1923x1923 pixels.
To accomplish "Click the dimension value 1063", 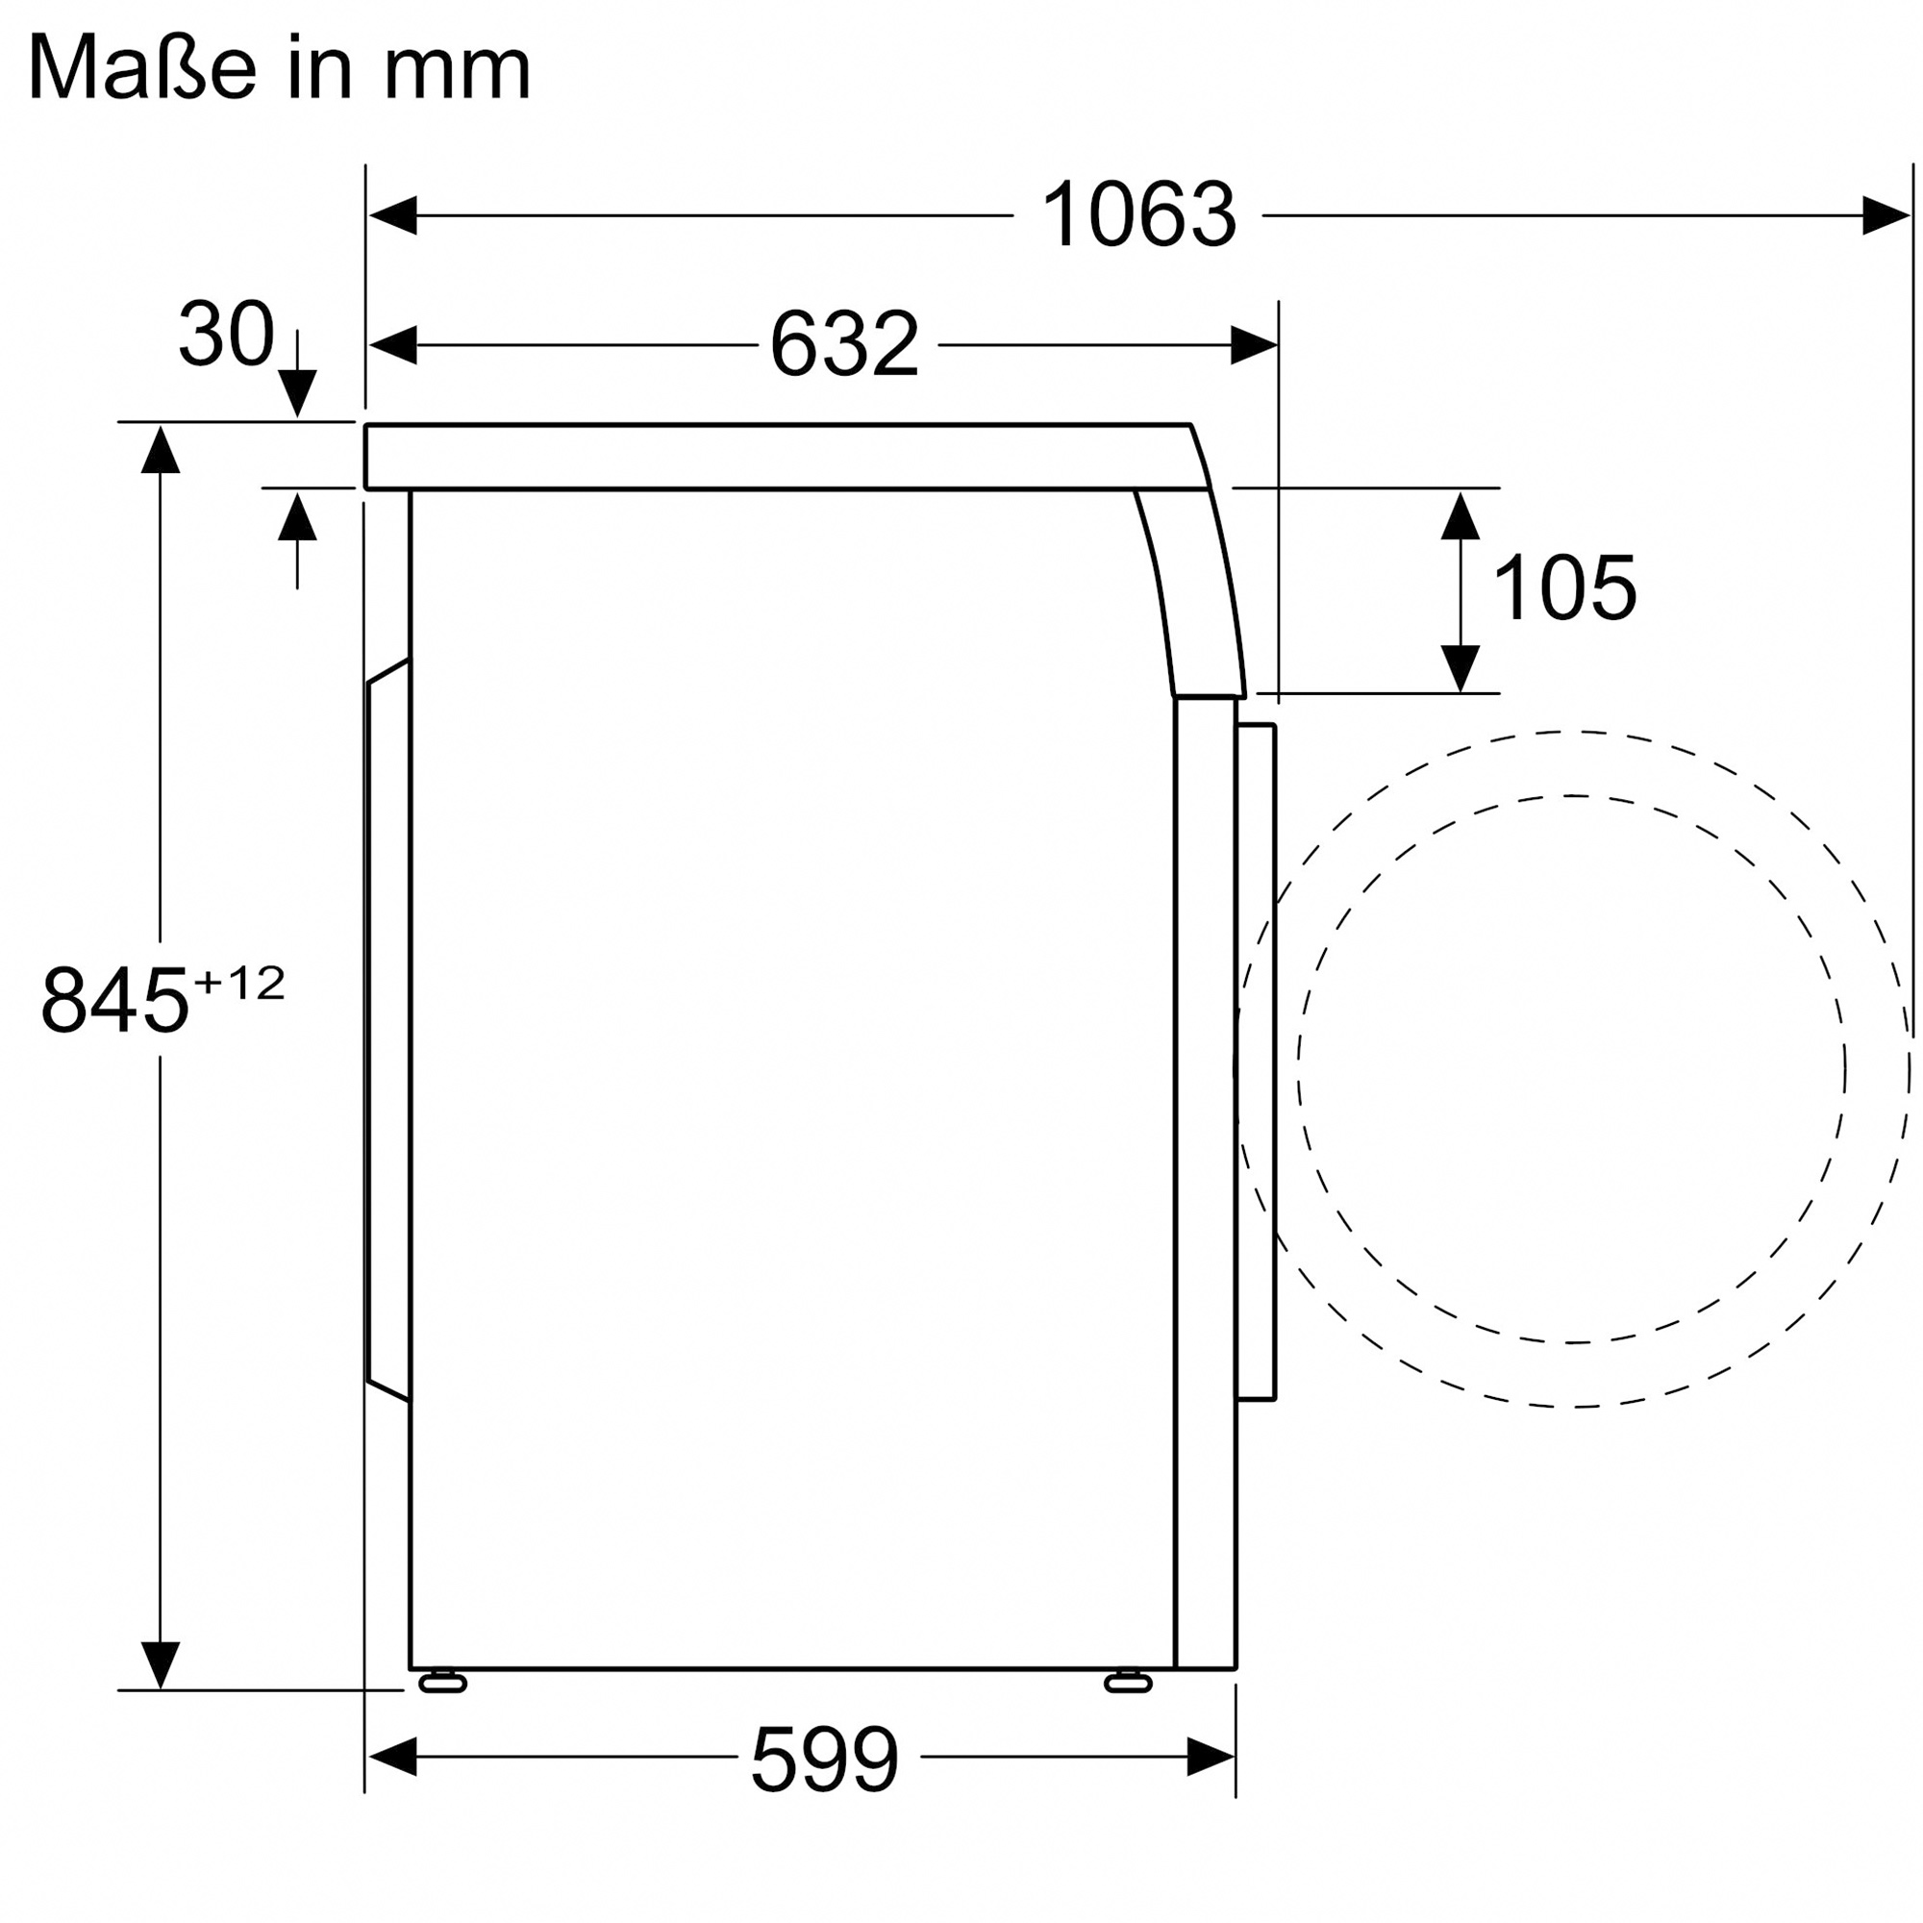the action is (1137, 215).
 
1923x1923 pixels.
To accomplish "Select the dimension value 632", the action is (844, 344).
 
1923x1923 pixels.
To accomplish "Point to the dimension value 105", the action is (1564, 588).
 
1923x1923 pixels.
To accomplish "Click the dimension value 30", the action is (226, 334).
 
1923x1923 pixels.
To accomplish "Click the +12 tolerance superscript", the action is (238, 984).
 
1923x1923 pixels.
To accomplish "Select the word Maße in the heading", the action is (143, 67).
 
